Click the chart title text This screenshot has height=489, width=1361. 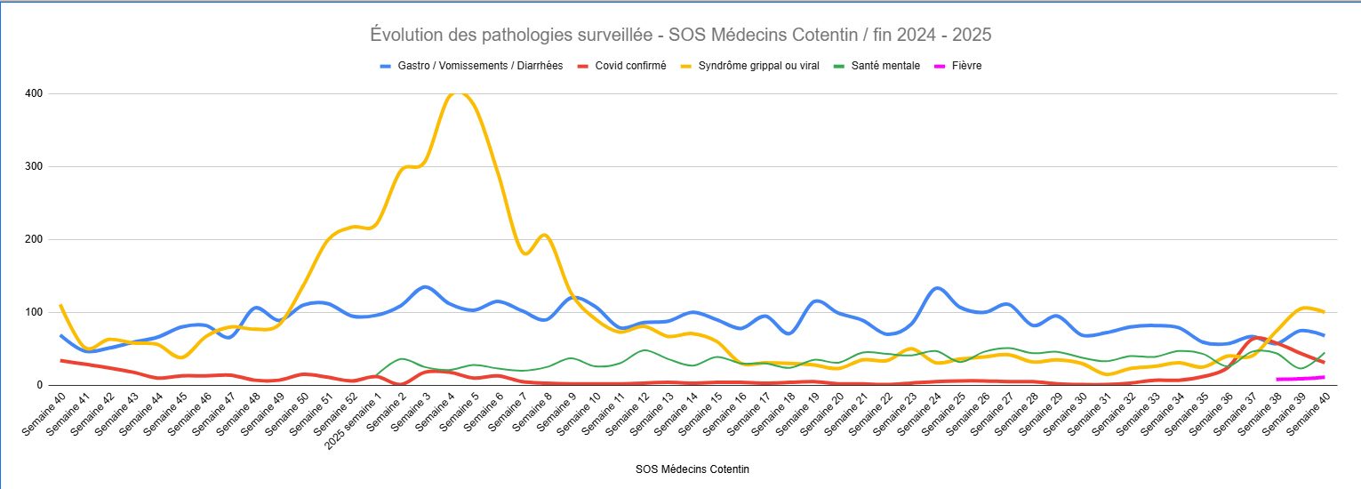(x=680, y=35)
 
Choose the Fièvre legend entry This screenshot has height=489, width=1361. (x=965, y=66)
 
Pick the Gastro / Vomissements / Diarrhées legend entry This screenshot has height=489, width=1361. (x=480, y=66)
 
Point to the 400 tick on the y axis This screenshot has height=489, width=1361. (x=34, y=93)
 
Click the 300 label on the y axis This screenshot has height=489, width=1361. (x=34, y=166)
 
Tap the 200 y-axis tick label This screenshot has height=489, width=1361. (x=34, y=239)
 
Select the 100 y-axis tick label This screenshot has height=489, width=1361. (x=34, y=312)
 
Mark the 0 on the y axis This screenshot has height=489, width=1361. (x=40, y=385)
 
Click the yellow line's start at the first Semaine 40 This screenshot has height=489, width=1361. (x=60, y=305)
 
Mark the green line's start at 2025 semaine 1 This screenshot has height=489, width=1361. (x=377, y=375)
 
